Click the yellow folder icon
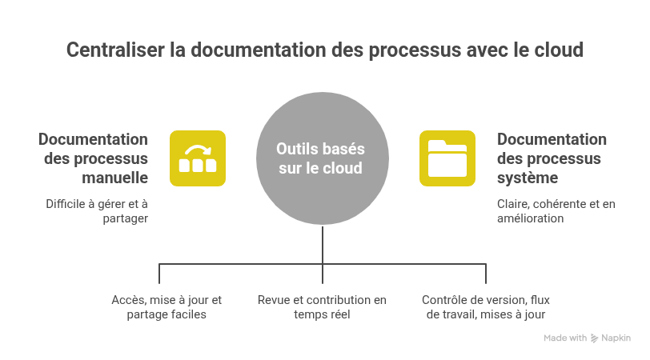[447, 158]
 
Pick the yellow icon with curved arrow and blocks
[197, 158]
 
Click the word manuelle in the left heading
[115, 177]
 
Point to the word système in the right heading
[528, 177]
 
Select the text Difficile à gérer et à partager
[97, 211]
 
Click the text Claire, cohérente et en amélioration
[556, 211]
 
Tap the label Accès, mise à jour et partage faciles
[167, 307]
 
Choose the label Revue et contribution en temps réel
[322, 307]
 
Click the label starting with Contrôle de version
[486, 307]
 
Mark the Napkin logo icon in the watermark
[594, 338]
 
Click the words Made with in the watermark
[565, 338]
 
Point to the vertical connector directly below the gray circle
[323, 243]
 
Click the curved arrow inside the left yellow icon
[196, 150]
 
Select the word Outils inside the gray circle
[295, 149]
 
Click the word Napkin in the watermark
[616, 338]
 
